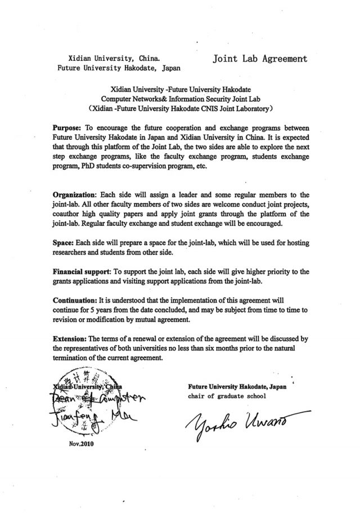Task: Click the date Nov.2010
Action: (x=79, y=443)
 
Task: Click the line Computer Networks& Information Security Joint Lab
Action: (x=179, y=97)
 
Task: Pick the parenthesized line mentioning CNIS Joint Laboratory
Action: (x=179, y=106)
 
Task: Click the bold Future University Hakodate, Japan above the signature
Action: (x=232, y=386)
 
